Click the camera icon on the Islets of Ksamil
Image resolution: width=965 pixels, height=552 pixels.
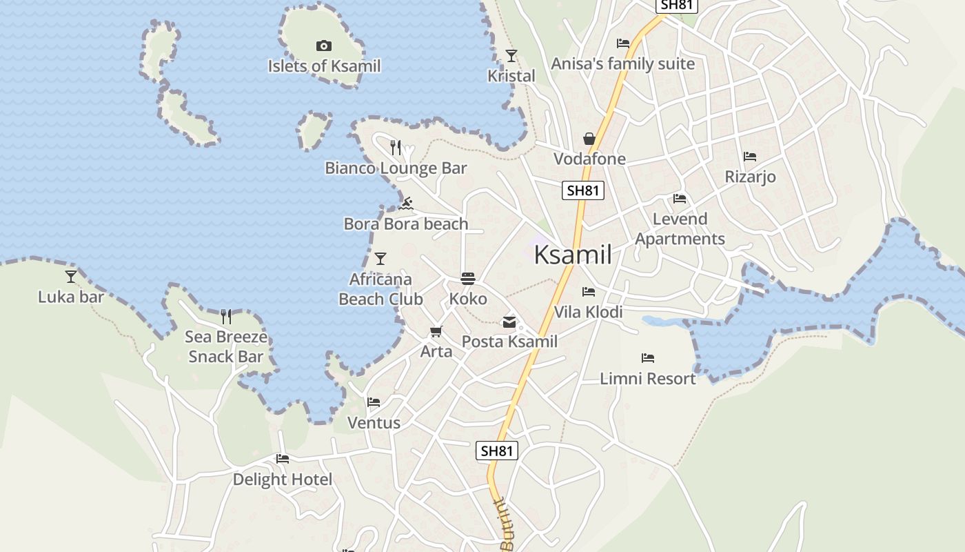click(x=323, y=46)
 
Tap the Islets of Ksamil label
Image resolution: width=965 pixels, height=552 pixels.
click(x=324, y=66)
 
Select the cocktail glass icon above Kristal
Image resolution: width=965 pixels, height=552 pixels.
click(x=511, y=56)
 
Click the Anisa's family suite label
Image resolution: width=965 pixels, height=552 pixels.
click(x=622, y=63)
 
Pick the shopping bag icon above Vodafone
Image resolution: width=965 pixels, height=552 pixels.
click(x=589, y=139)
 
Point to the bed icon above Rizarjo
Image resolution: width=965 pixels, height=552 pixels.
click(x=750, y=157)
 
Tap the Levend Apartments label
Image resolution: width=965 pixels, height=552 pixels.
click(x=680, y=229)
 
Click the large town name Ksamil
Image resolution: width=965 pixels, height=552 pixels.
click(x=573, y=255)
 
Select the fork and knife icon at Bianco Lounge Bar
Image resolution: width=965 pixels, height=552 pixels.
click(x=396, y=148)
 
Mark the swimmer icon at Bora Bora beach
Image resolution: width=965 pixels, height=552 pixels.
click(x=406, y=204)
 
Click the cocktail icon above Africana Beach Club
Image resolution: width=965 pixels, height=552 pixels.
click(x=380, y=259)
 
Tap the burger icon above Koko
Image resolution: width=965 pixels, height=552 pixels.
click(x=468, y=279)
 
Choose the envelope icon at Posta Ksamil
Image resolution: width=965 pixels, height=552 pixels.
click(x=509, y=322)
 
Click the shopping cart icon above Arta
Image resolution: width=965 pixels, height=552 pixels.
click(x=436, y=332)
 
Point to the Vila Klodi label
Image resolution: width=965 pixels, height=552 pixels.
click(x=588, y=312)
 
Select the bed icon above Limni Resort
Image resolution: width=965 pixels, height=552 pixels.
click(x=647, y=358)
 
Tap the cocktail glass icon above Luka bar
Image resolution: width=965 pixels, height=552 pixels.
click(x=71, y=277)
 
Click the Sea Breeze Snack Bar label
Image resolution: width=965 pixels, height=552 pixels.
click(x=226, y=346)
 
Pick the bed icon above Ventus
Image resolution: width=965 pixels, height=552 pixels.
click(x=374, y=402)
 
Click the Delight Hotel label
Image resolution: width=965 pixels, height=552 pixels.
click(x=282, y=479)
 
